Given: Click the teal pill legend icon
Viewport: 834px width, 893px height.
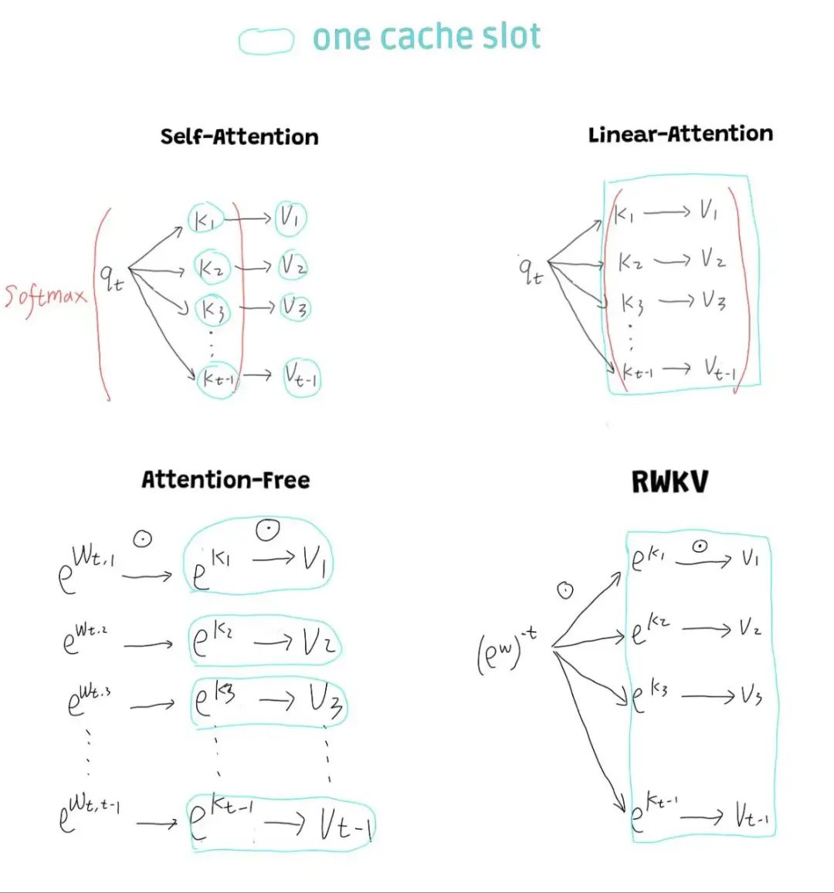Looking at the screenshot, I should (266, 41).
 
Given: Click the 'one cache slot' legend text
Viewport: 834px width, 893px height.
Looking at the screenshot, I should (426, 37).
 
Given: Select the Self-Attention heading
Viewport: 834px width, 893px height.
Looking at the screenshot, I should (239, 137).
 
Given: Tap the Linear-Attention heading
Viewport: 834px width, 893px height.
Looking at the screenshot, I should (680, 134).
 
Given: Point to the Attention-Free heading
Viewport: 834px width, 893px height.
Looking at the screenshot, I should (225, 479).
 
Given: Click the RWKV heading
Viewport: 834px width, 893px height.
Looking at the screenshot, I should (670, 482).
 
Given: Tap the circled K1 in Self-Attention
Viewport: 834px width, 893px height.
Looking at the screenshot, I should (205, 220).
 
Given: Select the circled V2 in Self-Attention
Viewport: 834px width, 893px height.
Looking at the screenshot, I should (293, 266).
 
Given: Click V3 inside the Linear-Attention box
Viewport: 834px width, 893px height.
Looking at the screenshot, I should (713, 301).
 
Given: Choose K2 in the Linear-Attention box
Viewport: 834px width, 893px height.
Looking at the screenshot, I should (631, 262).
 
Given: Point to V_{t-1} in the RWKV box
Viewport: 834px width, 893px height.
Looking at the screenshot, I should (751, 815).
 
